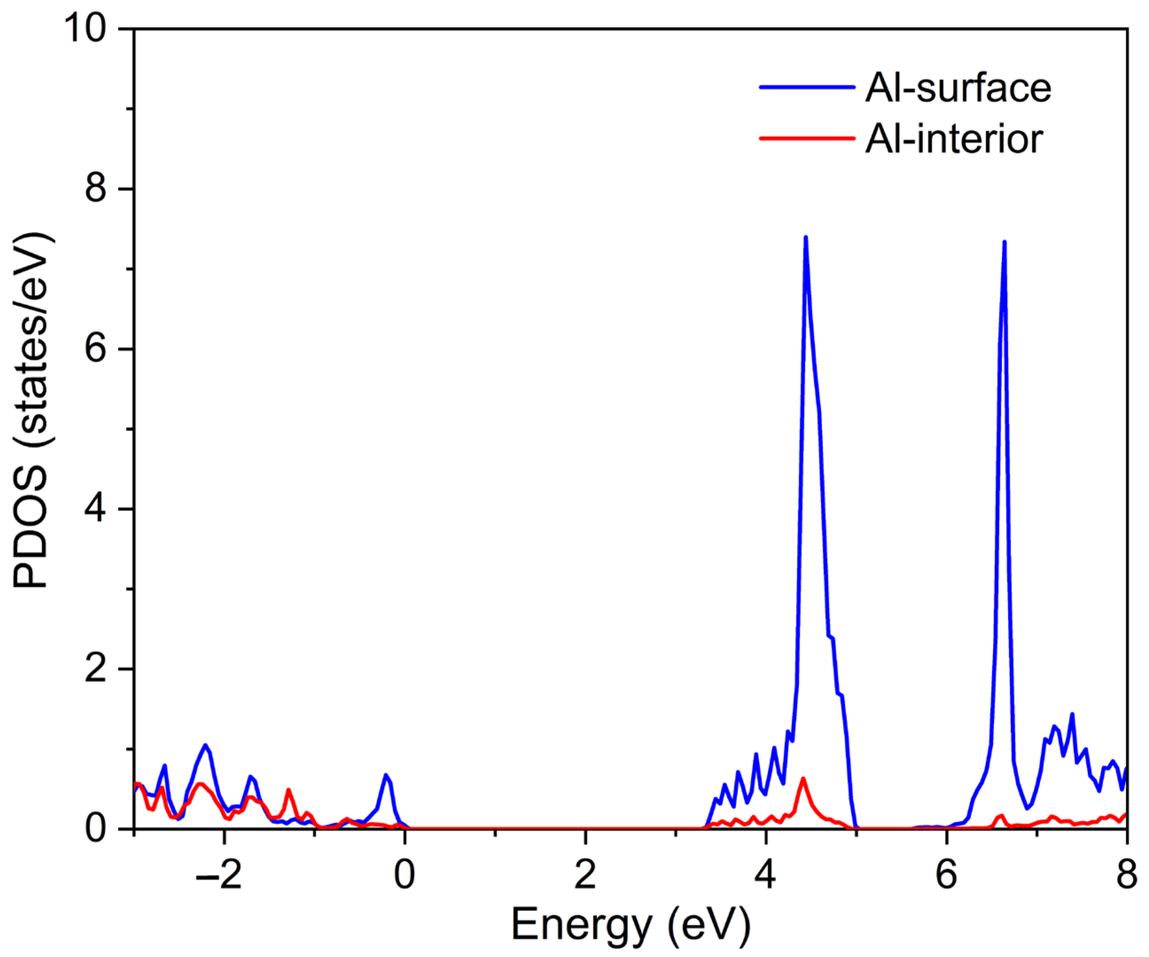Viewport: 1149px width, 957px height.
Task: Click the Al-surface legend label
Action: coord(958,88)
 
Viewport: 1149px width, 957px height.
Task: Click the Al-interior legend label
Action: coord(954,139)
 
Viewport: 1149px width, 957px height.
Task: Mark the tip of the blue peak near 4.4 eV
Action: coord(805,238)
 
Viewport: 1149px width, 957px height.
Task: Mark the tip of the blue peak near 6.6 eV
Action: coord(1004,243)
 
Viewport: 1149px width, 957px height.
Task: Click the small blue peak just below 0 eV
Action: coord(386,775)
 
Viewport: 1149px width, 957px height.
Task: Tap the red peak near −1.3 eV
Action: coord(288,790)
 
